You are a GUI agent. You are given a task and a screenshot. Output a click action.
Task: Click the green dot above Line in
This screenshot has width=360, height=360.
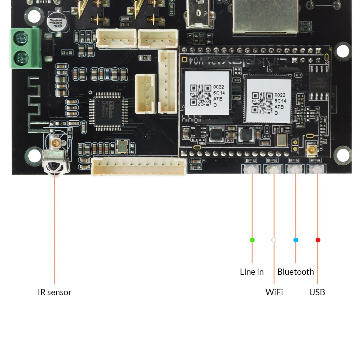tap(252, 240)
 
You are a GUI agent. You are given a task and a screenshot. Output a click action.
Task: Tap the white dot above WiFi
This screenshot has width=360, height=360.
tap(274, 240)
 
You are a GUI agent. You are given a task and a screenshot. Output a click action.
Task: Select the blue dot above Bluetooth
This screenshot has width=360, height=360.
tap(296, 240)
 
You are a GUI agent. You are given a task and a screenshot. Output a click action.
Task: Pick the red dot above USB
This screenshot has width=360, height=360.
tap(318, 240)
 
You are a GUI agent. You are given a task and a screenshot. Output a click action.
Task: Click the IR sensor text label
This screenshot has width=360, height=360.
tap(55, 292)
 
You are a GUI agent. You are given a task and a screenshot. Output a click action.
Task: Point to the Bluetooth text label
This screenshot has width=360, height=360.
tap(295, 272)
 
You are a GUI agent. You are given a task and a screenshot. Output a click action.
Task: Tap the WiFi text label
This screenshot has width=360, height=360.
tap(274, 292)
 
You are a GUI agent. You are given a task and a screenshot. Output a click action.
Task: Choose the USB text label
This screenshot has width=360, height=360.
tap(317, 292)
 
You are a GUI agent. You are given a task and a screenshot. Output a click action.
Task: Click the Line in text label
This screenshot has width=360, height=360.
tap(252, 272)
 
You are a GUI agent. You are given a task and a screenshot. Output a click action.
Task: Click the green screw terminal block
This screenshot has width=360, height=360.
tap(26, 48)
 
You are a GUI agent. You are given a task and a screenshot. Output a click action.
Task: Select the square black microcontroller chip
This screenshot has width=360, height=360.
tap(108, 111)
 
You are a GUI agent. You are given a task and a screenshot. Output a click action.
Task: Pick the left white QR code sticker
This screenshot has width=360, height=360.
tap(207, 93)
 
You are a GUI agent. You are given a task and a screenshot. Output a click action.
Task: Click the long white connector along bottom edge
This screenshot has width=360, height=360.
tap(139, 166)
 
